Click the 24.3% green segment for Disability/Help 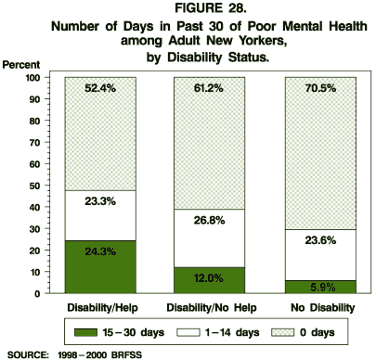click(x=101, y=267)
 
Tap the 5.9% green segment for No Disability click(x=318, y=287)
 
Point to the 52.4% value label click(x=101, y=89)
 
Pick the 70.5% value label click(x=318, y=89)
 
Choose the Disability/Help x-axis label click(x=101, y=305)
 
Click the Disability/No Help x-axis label click(x=210, y=305)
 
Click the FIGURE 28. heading click(x=188, y=10)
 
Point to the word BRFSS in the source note click(x=139, y=354)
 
